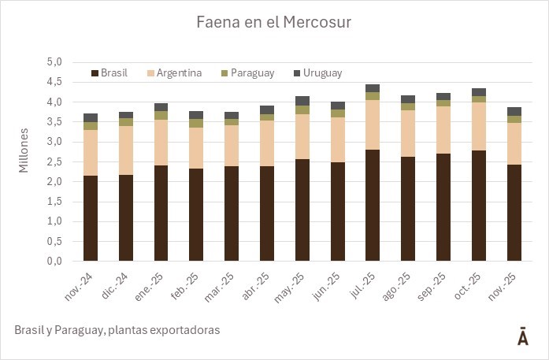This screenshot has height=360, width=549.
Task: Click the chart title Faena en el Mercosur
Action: coord(274,23)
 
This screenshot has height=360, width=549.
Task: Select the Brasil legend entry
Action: coord(114,73)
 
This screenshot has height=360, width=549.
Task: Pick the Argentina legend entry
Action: coord(179,73)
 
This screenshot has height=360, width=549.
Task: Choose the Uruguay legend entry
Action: coord(322,73)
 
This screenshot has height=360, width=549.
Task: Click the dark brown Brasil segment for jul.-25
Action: coord(373,205)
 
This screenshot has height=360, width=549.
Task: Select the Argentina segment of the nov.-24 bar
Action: coord(91,152)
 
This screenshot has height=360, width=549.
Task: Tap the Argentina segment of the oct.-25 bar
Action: coord(479,126)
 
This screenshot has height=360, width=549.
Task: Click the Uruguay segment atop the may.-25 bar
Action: coord(302,101)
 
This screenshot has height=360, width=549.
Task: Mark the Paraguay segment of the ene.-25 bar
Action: coord(161,115)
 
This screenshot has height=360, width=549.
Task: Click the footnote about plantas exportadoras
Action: coord(117,330)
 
